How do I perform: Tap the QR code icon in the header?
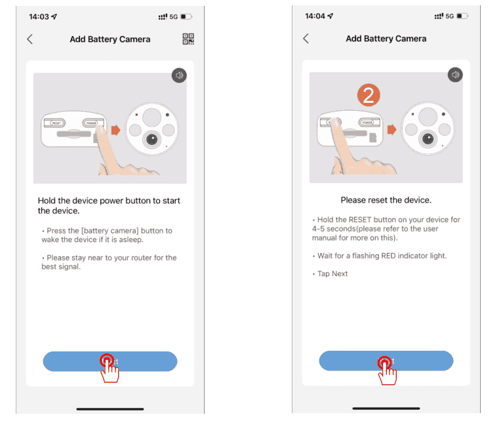click(x=189, y=39)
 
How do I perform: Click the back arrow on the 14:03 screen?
click(x=30, y=39)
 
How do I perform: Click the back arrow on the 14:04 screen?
click(x=306, y=39)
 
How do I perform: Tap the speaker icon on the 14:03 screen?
click(x=179, y=75)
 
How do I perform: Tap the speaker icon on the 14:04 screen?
click(x=455, y=75)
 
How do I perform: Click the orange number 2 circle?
click(x=368, y=96)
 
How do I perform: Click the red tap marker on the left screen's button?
click(x=106, y=361)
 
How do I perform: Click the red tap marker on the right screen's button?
click(x=384, y=361)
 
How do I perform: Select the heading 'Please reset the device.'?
click(x=386, y=200)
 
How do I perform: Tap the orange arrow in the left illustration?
click(x=115, y=130)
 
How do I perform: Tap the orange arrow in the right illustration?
click(x=392, y=130)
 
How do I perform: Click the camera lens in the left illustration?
click(x=151, y=139)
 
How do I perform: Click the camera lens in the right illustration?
click(x=428, y=138)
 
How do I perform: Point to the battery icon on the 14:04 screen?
click(x=462, y=16)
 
